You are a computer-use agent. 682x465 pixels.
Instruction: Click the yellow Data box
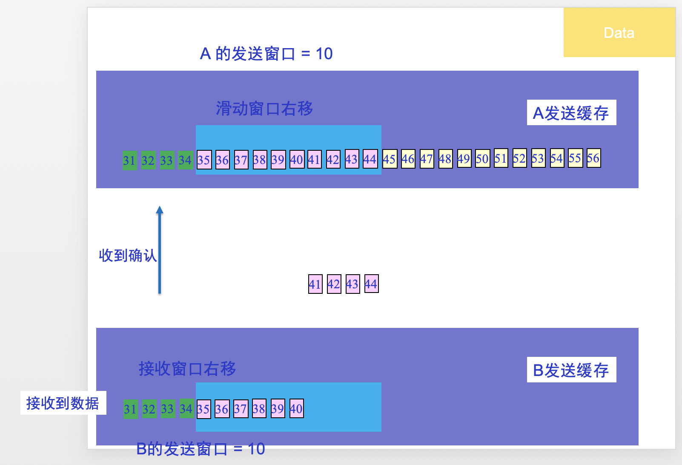coord(619,32)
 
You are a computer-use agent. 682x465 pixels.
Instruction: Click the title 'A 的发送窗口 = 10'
coord(266,54)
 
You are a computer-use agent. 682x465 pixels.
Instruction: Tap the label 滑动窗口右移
coord(264,109)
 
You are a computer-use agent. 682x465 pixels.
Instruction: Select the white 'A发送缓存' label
coord(571,113)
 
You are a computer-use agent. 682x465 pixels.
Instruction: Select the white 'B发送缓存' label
coord(571,370)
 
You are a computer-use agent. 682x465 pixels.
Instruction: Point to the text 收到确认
coord(127,255)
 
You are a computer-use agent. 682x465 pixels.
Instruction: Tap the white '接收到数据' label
coord(63,403)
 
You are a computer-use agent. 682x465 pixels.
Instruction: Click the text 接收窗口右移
coord(187,369)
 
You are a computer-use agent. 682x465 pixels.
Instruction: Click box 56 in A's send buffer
coord(593,158)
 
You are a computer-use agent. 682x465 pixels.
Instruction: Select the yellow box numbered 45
coord(390,159)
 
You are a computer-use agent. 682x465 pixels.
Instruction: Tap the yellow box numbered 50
coord(482,159)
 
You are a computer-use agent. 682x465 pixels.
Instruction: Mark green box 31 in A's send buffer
coord(129,161)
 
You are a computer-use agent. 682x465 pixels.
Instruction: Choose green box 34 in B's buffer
coord(186,409)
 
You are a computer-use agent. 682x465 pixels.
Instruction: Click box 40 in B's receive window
coord(296,409)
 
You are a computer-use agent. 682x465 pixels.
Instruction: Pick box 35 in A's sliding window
coord(204,160)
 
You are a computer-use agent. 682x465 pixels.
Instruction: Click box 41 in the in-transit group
coord(315,284)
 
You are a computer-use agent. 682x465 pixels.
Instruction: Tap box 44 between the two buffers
coord(371,284)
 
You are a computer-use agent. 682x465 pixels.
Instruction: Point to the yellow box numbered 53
coord(538,159)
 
